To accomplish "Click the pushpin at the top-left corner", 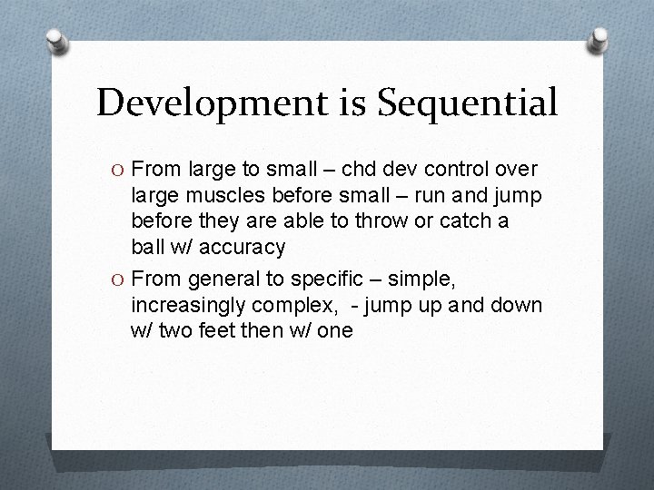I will coord(57,39).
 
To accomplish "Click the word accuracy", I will coord(243,246).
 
